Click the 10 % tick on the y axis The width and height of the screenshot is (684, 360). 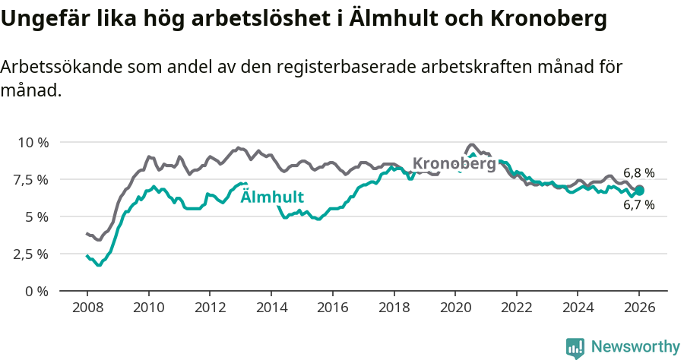click(x=33, y=143)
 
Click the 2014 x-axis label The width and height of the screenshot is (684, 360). click(x=271, y=308)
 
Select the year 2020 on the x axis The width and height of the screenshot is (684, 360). click(x=454, y=308)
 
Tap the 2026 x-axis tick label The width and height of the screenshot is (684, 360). click(x=638, y=308)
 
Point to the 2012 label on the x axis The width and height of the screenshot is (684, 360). click(x=210, y=308)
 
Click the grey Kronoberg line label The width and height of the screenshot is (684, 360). click(x=454, y=163)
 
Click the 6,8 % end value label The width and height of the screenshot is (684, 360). click(x=638, y=173)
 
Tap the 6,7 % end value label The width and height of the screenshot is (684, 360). click(x=638, y=205)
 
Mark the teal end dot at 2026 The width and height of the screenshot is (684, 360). click(x=639, y=191)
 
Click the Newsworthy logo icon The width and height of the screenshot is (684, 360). click(x=575, y=348)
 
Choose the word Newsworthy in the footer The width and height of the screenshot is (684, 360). click(x=635, y=347)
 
